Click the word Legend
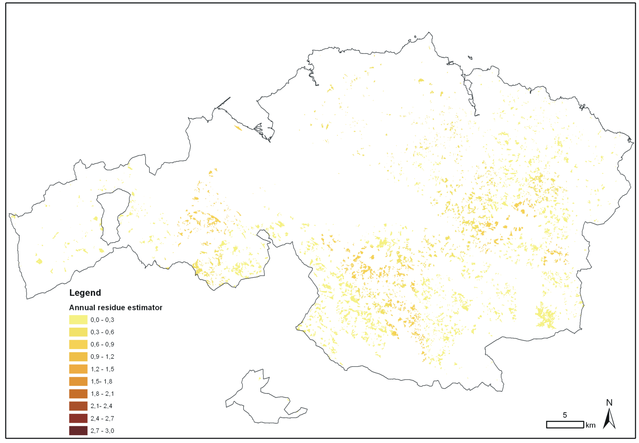pyautogui.click(x=85, y=293)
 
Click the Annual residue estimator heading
pyautogui.click(x=116, y=308)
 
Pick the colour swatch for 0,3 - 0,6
pyautogui.click(x=78, y=332)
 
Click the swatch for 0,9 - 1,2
pyautogui.click(x=78, y=357)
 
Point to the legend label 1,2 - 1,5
pyautogui.click(x=102, y=369)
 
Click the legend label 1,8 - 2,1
pyautogui.click(x=102, y=394)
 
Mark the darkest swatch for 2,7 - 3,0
pyautogui.click(x=78, y=431)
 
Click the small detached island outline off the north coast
pyautogui.click(x=470, y=58)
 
